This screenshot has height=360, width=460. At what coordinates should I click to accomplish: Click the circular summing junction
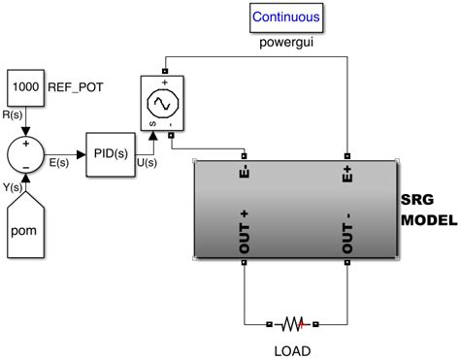26,154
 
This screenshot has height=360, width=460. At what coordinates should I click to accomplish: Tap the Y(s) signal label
14,187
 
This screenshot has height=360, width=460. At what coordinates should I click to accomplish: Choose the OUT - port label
345,234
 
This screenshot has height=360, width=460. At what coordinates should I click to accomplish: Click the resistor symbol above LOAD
294,323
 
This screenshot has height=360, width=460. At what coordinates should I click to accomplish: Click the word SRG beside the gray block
415,199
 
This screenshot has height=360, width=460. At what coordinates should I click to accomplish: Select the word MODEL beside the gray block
428,219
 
